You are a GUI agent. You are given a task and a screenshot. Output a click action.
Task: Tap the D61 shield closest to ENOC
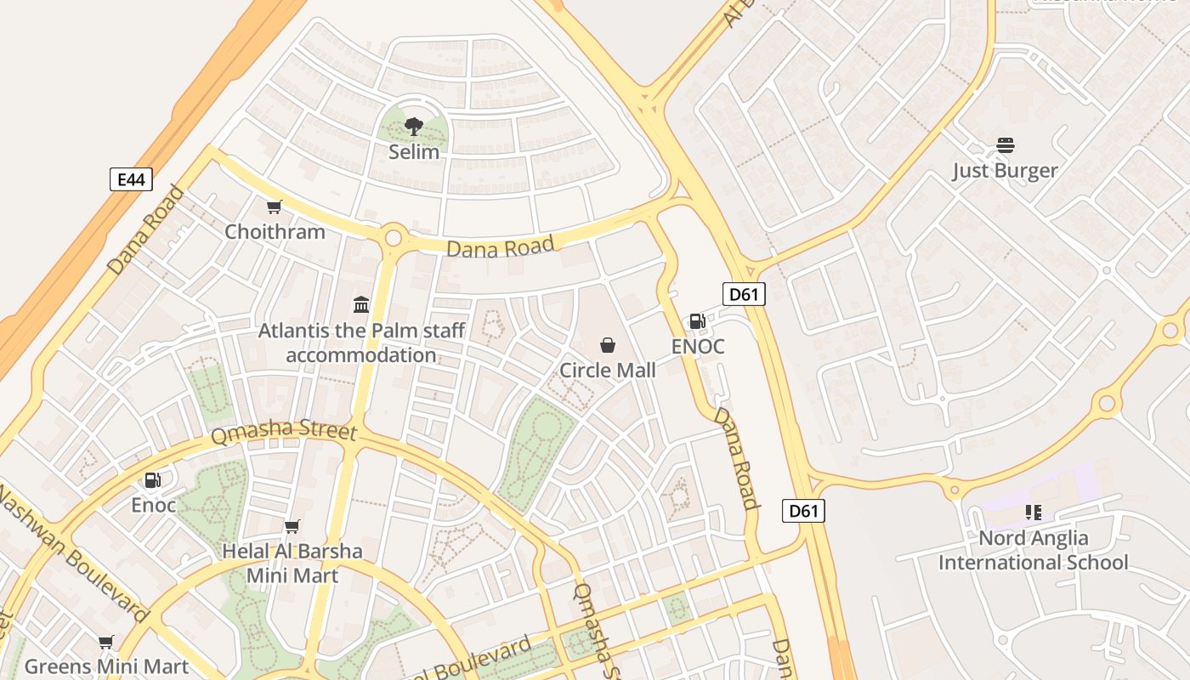pos(744,294)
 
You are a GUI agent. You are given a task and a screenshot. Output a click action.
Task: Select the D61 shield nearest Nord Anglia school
pos(803,511)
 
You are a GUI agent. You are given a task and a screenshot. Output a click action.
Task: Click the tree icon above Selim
pos(414,127)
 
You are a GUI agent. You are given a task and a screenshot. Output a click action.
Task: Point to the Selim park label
pos(414,152)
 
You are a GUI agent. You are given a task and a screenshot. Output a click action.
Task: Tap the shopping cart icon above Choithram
pos(274,207)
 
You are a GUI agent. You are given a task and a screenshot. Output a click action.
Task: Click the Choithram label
pos(275,231)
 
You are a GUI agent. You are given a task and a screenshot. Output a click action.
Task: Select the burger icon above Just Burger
pos(1006,145)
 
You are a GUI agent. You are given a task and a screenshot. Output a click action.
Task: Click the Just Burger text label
pos(1005,170)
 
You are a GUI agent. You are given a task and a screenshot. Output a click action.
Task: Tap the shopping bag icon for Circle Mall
pos(608,345)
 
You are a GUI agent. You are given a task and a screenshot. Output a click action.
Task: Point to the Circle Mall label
pos(608,370)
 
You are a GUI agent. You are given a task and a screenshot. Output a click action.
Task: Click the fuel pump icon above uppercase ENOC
pos(697,320)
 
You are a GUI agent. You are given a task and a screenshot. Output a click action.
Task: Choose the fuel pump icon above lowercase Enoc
pos(153,480)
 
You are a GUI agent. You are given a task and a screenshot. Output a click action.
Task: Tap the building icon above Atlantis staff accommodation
pos(361,304)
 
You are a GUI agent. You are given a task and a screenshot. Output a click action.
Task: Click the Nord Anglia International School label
pos(1033,550)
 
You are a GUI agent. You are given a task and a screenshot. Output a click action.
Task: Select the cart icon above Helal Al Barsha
pos(292,527)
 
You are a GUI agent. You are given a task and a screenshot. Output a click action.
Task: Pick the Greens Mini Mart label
pos(105,666)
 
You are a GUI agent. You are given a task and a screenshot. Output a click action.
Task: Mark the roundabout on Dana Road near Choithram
pos(393,237)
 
